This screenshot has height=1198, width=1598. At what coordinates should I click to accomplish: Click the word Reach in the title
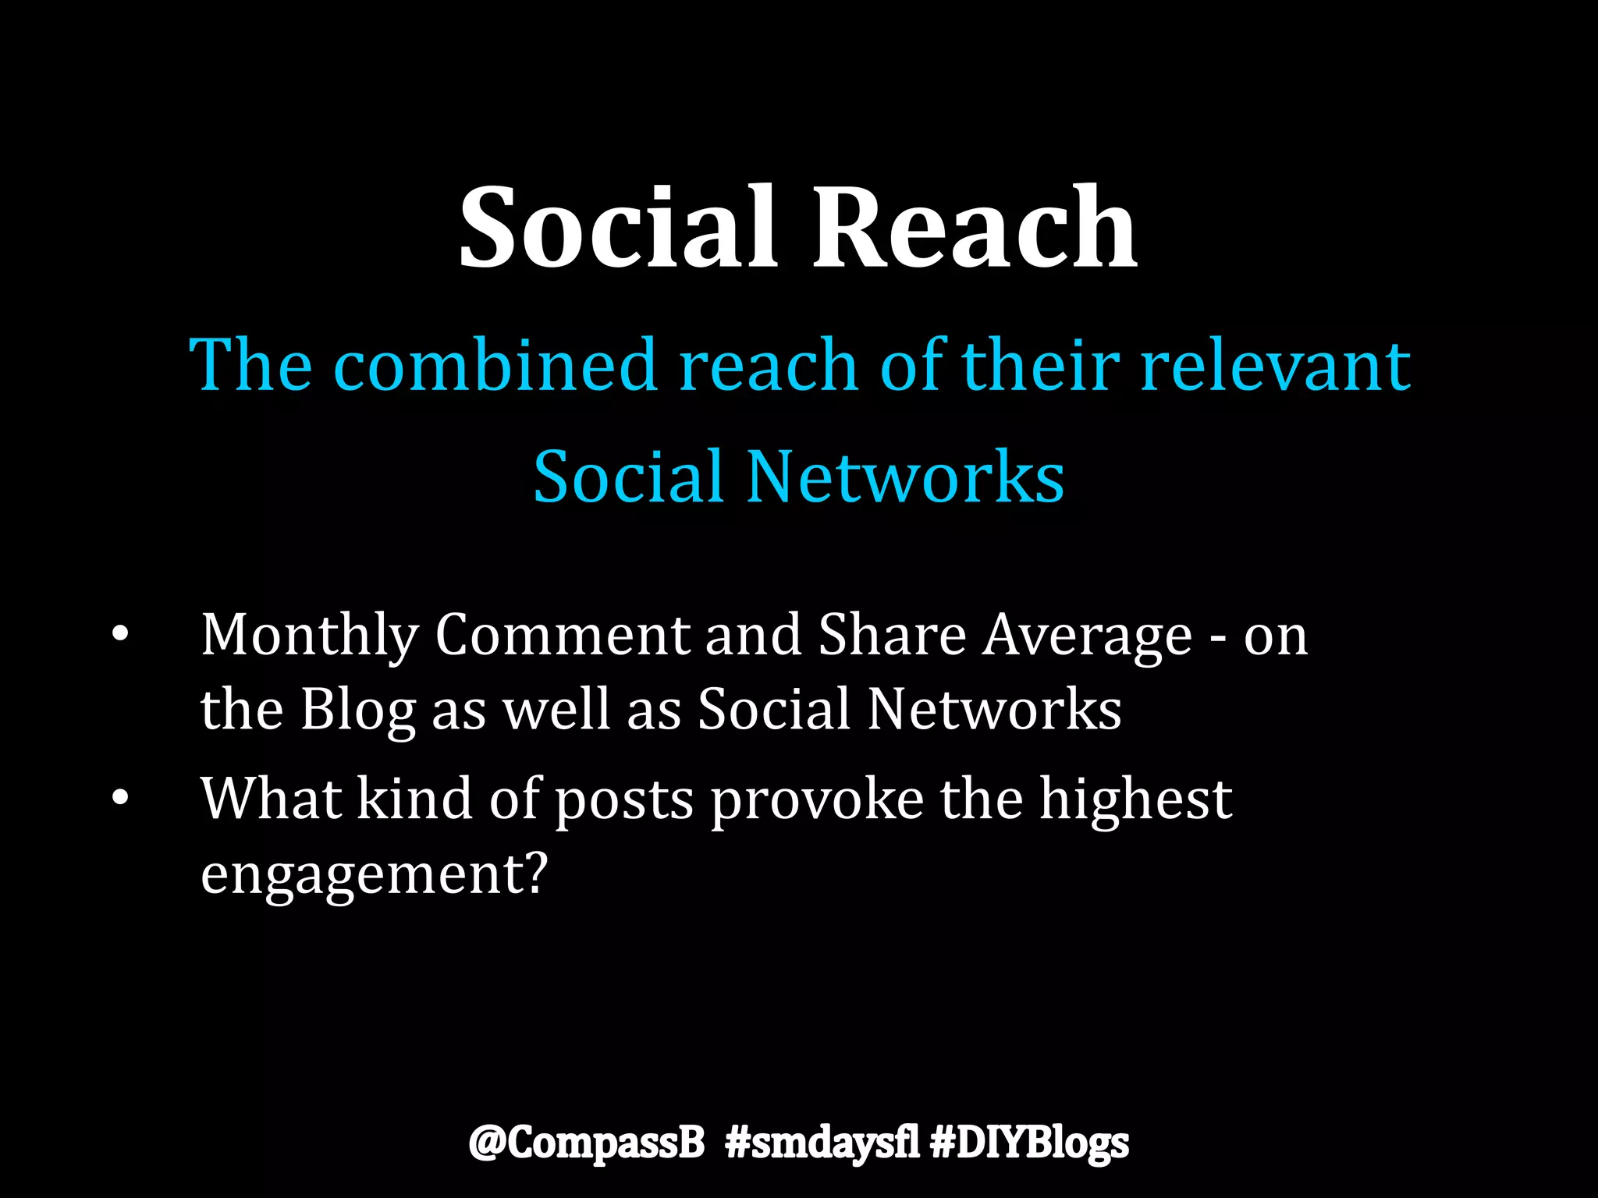point(975,228)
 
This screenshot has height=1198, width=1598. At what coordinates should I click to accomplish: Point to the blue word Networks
point(905,477)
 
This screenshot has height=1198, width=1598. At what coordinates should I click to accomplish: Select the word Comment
point(562,636)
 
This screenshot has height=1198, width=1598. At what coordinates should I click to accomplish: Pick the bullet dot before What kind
point(119,799)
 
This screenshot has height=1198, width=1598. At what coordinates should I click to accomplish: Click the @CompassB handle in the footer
point(586,1143)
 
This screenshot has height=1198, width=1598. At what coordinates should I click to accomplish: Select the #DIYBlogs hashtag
point(1029,1143)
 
